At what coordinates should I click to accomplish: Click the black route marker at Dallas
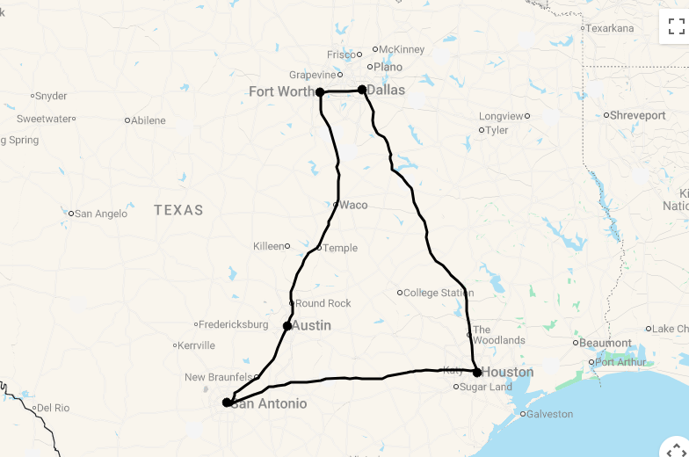pyautogui.click(x=362, y=90)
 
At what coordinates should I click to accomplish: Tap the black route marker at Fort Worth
pyautogui.click(x=320, y=92)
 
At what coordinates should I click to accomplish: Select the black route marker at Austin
pyautogui.click(x=287, y=326)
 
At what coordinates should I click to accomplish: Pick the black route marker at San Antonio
pyautogui.click(x=227, y=403)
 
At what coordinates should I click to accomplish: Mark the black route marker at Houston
pyautogui.click(x=477, y=373)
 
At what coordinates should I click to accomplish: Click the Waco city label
pyautogui.click(x=353, y=205)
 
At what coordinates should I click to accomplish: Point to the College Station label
pyautogui.click(x=438, y=293)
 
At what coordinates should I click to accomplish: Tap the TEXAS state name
pyautogui.click(x=178, y=210)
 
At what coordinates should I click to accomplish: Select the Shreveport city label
pyautogui.click(x=637, y=115)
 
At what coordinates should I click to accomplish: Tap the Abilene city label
pyautogui.click(x=148, y=120)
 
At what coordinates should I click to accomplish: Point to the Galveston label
pyautogui.click(x=549, y=414)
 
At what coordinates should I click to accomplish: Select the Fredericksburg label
pyautogui.click(x=233, y=324)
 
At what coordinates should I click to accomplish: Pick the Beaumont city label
pyautogui.click(x=606, y=343)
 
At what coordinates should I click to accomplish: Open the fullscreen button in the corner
pyautogui.click(x=676, y=26)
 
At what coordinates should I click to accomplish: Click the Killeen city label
pyautogui.click(x=269, y=246)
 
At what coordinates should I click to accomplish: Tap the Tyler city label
pyautogui.click(x=497, y=130)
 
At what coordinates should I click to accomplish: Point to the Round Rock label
pyautogui.click(x=323, y=303)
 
